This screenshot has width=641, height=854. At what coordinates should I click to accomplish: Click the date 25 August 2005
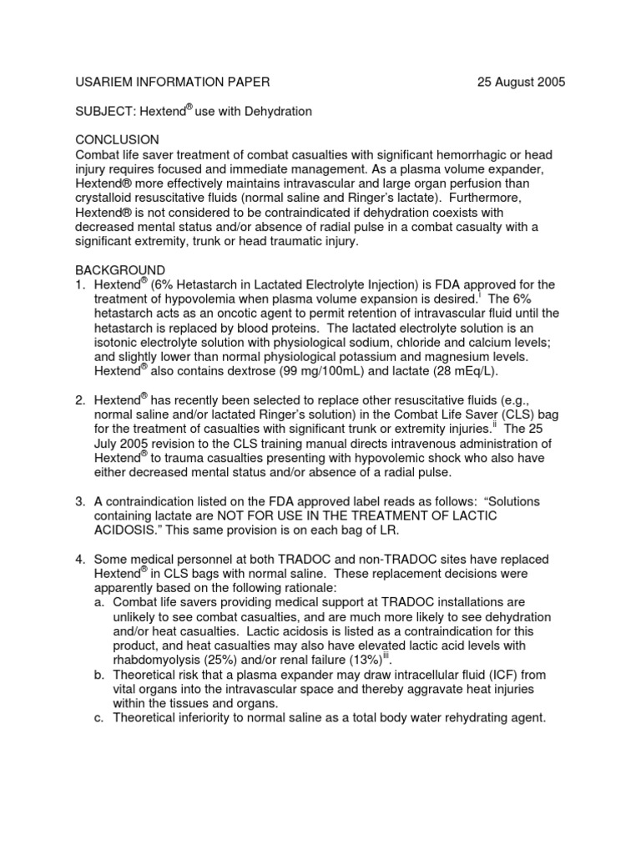[521, 82]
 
